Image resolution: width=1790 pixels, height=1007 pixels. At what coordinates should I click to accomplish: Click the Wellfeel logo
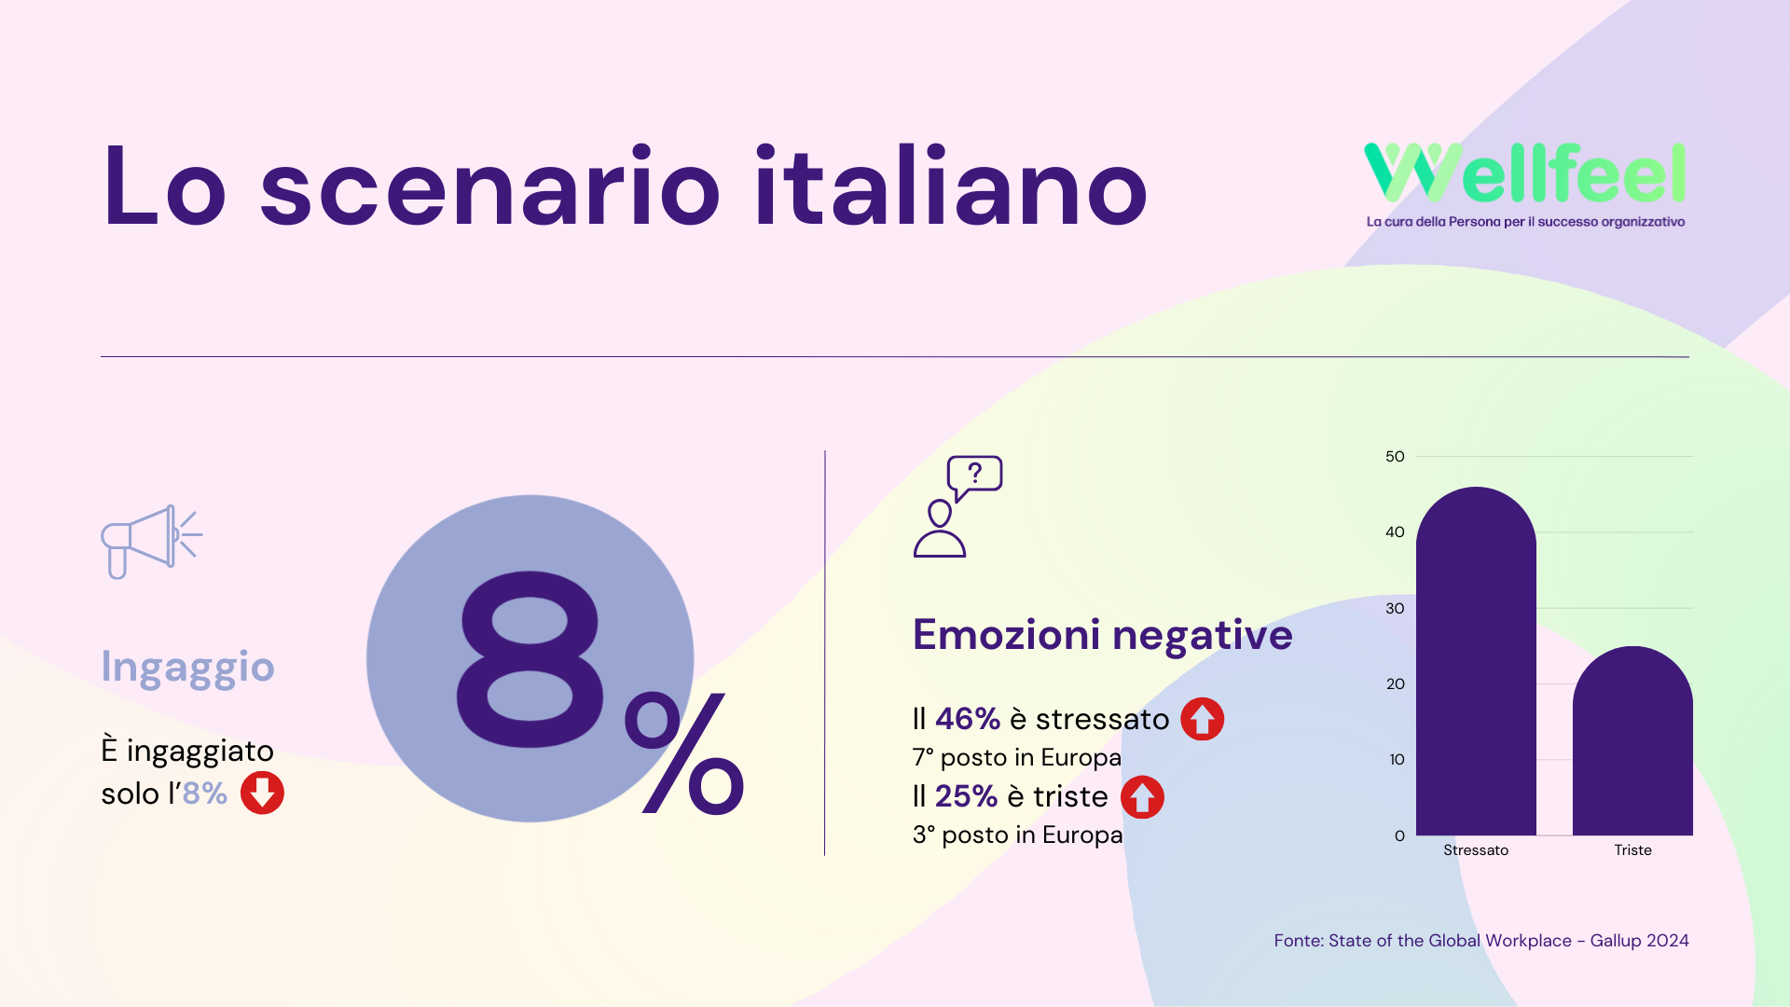point(1525,185)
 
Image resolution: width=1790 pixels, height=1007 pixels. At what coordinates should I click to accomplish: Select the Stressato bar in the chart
point(1476,661)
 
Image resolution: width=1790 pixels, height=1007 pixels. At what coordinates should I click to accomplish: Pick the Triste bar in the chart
point(1632,740)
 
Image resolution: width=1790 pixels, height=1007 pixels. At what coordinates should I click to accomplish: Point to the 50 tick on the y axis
point(1395,456)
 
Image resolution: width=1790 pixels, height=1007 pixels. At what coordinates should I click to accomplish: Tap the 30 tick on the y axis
point(1395,608)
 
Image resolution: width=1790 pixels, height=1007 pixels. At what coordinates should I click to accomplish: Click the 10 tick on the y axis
point(1397,759)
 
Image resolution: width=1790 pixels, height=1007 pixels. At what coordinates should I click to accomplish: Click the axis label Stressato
point(1476,849)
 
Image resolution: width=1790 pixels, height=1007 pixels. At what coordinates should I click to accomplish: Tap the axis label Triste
point(1632,849)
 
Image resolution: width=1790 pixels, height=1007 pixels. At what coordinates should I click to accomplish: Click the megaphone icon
point(151,542)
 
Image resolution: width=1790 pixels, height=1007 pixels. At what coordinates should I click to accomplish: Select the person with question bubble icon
point(957,506)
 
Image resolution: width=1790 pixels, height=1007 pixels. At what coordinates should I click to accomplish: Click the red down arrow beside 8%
point(262,793)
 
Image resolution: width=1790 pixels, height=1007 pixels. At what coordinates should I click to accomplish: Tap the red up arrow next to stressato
point(1203,719)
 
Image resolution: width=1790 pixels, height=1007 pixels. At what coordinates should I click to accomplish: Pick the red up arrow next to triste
point(1142,797)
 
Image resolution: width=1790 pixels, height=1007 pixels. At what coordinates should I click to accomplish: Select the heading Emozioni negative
point(1102,635)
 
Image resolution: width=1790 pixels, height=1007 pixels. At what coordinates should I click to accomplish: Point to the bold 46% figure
point(968,719)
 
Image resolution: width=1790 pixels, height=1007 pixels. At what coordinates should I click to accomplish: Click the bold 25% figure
point(967,796)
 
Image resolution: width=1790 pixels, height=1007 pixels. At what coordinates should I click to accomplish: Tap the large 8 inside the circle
point(529,659)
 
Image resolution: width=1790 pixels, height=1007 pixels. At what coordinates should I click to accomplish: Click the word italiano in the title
point(951,186)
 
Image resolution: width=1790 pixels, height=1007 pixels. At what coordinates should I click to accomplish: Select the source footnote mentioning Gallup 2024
point(1481,941)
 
